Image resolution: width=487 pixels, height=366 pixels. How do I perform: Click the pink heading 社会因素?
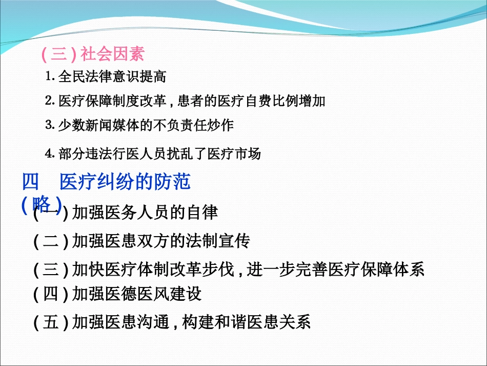coord(113,54)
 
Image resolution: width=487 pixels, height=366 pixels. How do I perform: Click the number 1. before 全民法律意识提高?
coord(50,77)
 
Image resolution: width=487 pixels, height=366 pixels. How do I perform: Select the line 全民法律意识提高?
coord(112,77)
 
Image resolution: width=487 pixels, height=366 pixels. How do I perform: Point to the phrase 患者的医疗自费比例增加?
coord(251,101)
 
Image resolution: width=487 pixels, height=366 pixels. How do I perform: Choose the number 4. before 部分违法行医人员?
coord(50,153)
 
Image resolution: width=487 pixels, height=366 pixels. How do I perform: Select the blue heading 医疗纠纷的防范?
coord(125,182)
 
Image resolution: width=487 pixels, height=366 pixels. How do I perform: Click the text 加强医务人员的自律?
coord(145,213)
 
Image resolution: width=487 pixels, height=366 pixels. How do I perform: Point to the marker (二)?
coord(51,241)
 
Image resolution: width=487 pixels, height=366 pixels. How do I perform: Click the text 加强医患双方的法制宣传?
coord(161,241)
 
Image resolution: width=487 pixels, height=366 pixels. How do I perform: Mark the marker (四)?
coord(51,294)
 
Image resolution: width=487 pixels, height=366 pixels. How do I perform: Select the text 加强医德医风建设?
coord(137,294)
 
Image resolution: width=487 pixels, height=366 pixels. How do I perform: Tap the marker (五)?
coord(51,322)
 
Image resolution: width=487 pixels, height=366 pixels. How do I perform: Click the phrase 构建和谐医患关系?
coord(246,322)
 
